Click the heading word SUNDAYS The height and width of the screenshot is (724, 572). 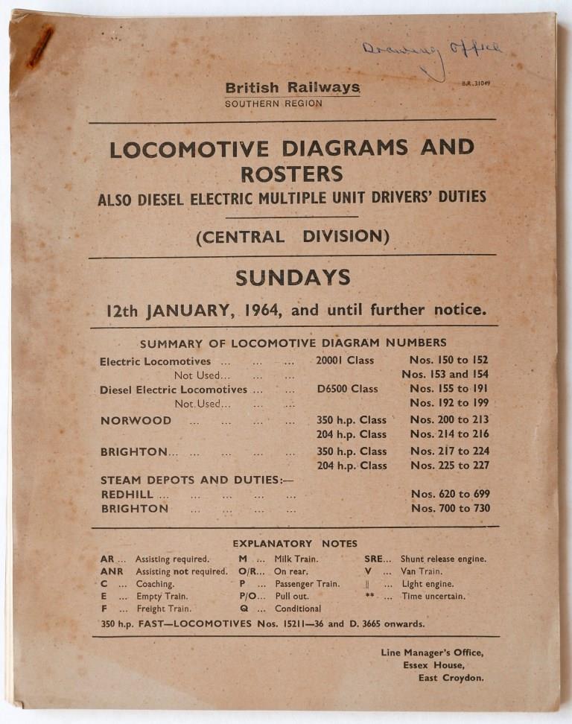pyautogui.click(x=293, y=278)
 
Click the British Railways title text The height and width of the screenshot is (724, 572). pyautogui.click(x=293, y=88)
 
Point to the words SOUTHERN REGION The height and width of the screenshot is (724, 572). pyautogui.click(x=273, y=104)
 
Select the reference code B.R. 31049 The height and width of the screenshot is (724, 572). pyautogui.click(x=476, y=83)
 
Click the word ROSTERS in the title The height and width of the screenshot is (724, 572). pyautogui.click(x=291, y=174)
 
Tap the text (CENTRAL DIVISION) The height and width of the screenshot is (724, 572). pyautogui.click(x=293, y=237)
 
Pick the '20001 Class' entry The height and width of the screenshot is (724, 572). pyautogui.click(x=345, y=360)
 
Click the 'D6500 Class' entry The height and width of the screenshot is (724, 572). pyautogui.click(x=347, y=389)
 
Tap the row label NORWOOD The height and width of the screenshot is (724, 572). pyautogui.click(x=136, y=420)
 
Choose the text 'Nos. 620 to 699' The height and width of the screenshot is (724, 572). pyautogui.click(x=450, y=494)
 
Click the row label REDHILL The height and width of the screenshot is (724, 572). pyautogui.click(x=127, y=494)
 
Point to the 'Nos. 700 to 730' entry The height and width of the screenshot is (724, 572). pyautogui.click(x=450, y=509)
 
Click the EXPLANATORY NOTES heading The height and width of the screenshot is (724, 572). pyautogui.click(x=294, y=544)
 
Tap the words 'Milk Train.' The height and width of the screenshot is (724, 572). pyautogui.click(x=296, y=559)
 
